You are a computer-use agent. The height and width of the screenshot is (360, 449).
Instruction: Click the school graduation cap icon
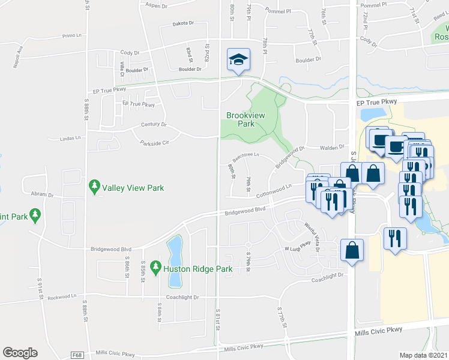pyautogui.click(x=238, y=59)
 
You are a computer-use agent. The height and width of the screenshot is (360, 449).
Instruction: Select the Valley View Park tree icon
pyautogui.click(x=94, y=187)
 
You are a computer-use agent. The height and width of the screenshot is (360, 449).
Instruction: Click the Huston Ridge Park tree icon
pyautogui.click(x=156, y=265)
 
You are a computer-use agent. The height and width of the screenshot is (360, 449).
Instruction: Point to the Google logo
pyautogui.click(x=20, y=353)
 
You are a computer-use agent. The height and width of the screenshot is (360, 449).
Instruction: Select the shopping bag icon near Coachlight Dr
pyautogui.click(x=352, y=250)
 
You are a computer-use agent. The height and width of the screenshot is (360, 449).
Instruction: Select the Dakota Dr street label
pyautogui.click(x=184, y=23)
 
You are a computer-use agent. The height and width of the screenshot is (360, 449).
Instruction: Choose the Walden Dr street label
pyautogui.click(x=331, y=146)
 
